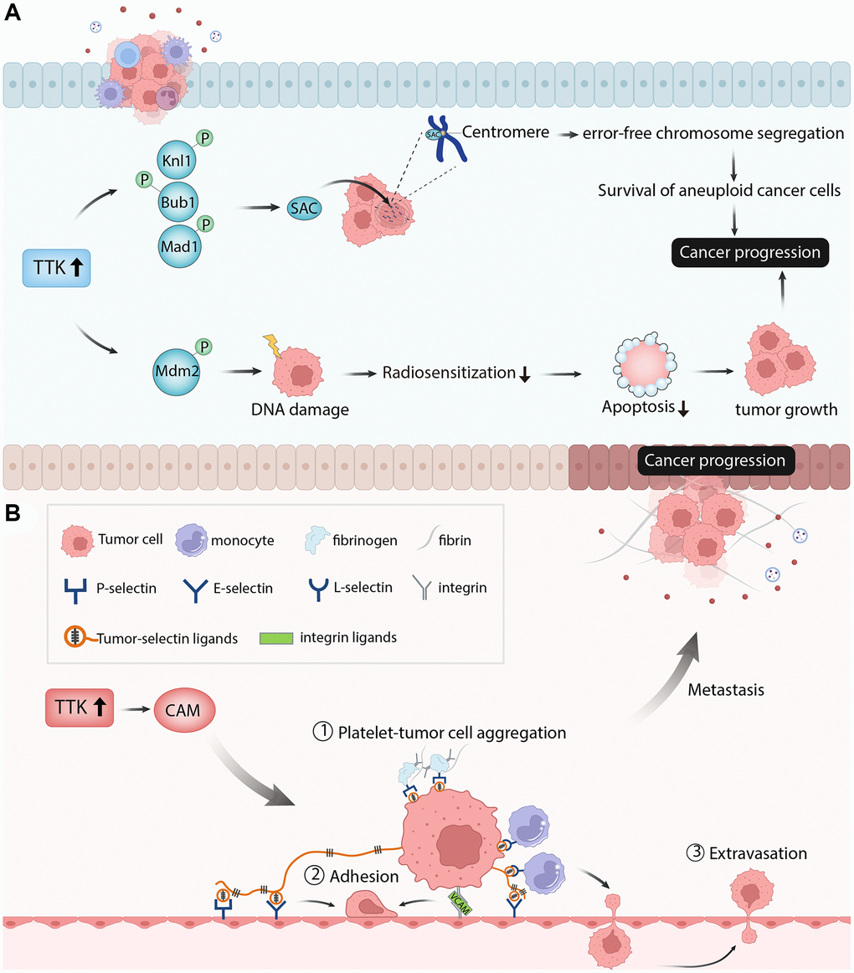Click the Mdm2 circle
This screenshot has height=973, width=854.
(x=177, y=367)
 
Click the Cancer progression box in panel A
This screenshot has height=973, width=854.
(x=749, y=251)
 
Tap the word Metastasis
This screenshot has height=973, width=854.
(x=723, y=690)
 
